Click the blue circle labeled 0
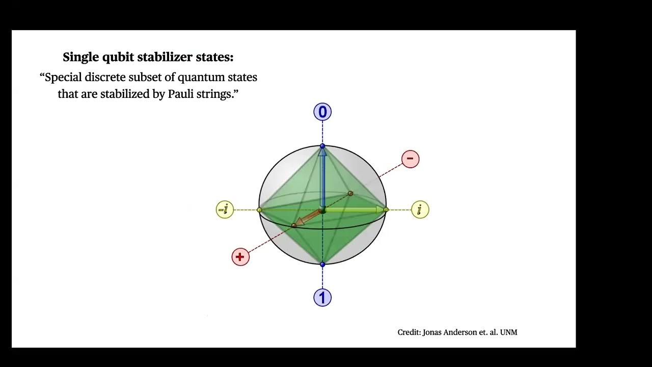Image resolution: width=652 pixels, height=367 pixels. point(322,112)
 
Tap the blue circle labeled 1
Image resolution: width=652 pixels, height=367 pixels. point(322,298)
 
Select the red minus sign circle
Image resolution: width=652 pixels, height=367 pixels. point(410,159)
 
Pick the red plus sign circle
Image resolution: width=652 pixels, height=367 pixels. point(240,257)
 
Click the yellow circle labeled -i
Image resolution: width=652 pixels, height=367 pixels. point(225,209)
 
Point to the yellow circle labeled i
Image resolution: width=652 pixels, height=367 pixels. point(420,209)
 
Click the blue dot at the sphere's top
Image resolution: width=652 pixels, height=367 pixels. point(322,146)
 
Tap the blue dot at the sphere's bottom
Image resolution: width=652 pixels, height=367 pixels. point(322,264)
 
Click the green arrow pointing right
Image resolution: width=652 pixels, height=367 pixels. point(354,209)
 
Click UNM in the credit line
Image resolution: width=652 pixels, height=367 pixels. point(508,332)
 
